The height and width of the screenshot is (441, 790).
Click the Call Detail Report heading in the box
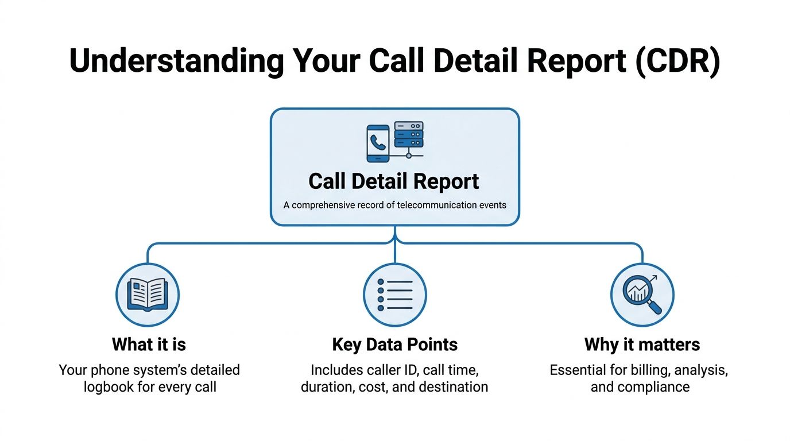[394, 181]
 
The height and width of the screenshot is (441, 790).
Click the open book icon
[148, 295]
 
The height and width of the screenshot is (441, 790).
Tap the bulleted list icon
[395, 295]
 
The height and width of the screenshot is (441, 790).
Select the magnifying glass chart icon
[642, 295]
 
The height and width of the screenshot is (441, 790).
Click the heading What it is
[149, 345]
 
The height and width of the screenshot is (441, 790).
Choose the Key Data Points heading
[395, 345]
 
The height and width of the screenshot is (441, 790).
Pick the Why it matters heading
[642, 345]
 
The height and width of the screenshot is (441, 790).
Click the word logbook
[111, 387]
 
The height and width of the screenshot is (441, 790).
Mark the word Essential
[578, 370]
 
